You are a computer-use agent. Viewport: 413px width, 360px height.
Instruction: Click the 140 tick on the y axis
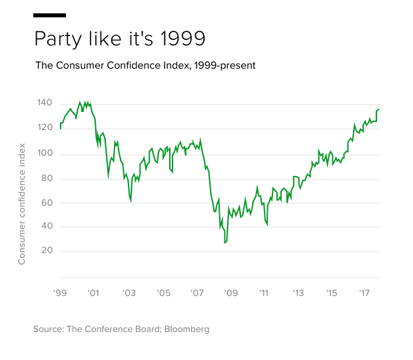click(45, 103)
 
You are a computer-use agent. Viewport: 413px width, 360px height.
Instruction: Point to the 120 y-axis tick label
click(45, 127)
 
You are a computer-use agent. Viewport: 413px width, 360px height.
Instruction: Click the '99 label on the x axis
click(59, 293)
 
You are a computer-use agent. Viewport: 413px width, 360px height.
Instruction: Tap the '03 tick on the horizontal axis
click(129, 293)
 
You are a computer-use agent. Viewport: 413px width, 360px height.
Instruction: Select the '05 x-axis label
click(163, 293)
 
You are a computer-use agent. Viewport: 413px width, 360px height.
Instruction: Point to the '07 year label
click(197, 293)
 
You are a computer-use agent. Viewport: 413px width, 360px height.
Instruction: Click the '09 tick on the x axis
click(231, 293)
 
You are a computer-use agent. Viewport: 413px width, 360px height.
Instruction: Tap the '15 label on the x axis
click(332, 293)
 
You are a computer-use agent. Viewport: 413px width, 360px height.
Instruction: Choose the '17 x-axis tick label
click(365, 293)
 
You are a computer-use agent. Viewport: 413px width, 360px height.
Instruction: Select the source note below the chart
click(121, 329)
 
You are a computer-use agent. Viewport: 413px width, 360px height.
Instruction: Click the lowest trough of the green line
click(225, 244)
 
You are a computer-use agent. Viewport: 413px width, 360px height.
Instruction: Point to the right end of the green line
click(379, 108)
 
